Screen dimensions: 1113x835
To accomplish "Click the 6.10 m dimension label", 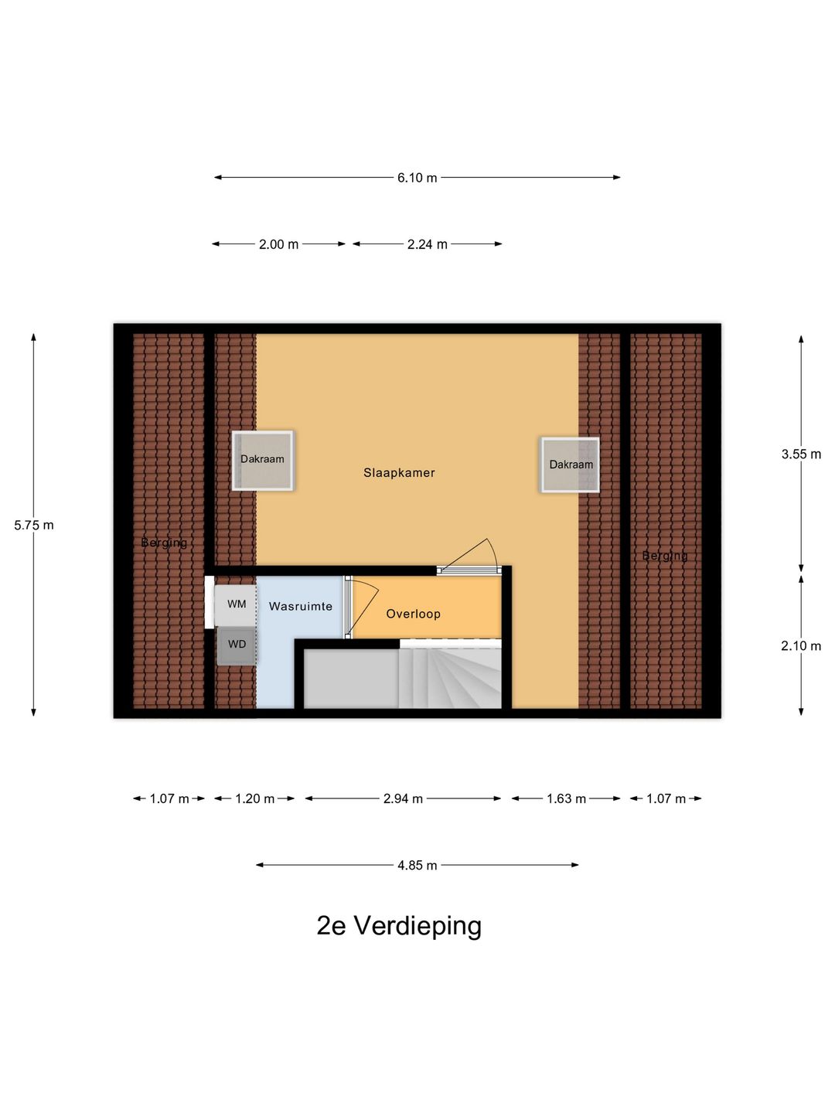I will pyautogui.click(x=417, y=178).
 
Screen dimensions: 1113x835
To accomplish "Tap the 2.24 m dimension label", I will pyautogui.click(x=427, y=244).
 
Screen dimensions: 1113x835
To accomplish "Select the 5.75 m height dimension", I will pyautogui.click(x=34, y=526).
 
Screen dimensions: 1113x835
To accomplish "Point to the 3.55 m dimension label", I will pyautogui.click(x=801, y=454).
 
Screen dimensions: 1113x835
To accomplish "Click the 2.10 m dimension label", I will pyautogui.click(x=801, y=646).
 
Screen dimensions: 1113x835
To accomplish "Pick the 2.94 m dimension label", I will pyautogui.click(x=403, y=798).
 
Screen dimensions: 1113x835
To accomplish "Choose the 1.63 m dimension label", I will pyautogui.click(x=566, y=798).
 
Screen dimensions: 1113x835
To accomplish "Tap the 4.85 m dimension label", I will pyautogui.click(x=417, y=866).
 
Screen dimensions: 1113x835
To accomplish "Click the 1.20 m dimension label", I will pyautogui.click(x=254, y=798).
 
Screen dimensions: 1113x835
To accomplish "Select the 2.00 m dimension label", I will pyautogui.click(x=278, y=244).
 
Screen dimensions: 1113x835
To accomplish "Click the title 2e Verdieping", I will pyautogui.click(x=399, y=925).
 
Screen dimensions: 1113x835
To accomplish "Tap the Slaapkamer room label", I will pyautogui.click(x=399, y=473).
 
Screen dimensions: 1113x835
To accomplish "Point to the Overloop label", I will pyautogui.click(x=413, y=614).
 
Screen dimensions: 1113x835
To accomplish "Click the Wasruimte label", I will pyautogui.click(x=300, y=607).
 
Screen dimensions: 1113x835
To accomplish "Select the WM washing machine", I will pyautogui.click(x=236, y=604).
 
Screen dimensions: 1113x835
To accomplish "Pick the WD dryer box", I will pyautogui.click(x=237, y=645).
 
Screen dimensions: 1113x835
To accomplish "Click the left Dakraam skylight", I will pyautogui.click(x=262, y=460).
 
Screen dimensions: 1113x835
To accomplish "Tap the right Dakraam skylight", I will pyautogui.click(x=571, y=465).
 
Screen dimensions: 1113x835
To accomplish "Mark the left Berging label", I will pyautogui.click(x=164, y=543).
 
